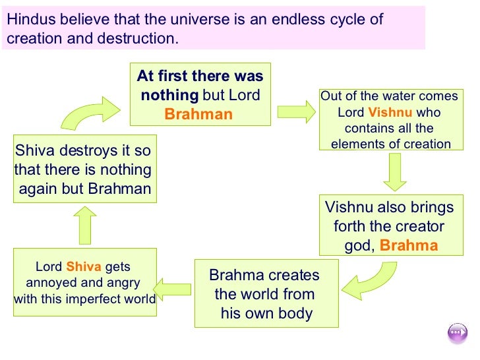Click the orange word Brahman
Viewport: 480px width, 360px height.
pyautogui.click(x=198, y=114)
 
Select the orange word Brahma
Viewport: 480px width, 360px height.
pyautogui.click(x=409, y=246)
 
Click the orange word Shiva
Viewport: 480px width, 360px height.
pyautogui.click(x=83, y=267)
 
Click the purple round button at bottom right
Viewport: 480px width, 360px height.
pyautogui.click(x=457, y=333)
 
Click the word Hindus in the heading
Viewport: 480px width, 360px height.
pyautogui.click(x=30, y=19)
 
